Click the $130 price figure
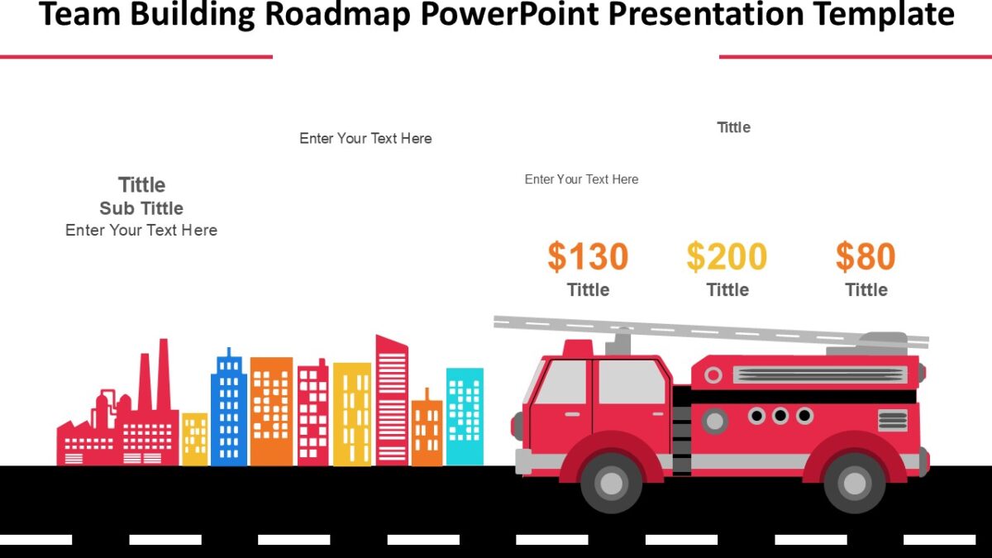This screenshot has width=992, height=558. click(x=588, y=257)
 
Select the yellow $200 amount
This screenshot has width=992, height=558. click(x=727, y=257)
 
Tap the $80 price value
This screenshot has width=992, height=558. click(x=866, y=257)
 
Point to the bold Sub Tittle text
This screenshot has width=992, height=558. click(x=141, y=208)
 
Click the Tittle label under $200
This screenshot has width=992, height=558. click(x=727, y=289)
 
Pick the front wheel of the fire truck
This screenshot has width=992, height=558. click(x=612, y=483)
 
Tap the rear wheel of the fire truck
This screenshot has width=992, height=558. click(x=854, y=483)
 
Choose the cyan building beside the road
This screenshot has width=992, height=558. click(x=465, y=416)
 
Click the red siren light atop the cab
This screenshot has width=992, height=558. click(x=578, y=348)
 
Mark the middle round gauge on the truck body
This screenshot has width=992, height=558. click(x=780, y=416)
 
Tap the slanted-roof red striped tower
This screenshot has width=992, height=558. click(x=392, y=401)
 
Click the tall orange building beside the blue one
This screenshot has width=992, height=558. click(x=271, y=411)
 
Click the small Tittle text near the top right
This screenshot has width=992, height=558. click(x=733, y=127)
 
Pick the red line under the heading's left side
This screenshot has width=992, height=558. click(x=136, y=57)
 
